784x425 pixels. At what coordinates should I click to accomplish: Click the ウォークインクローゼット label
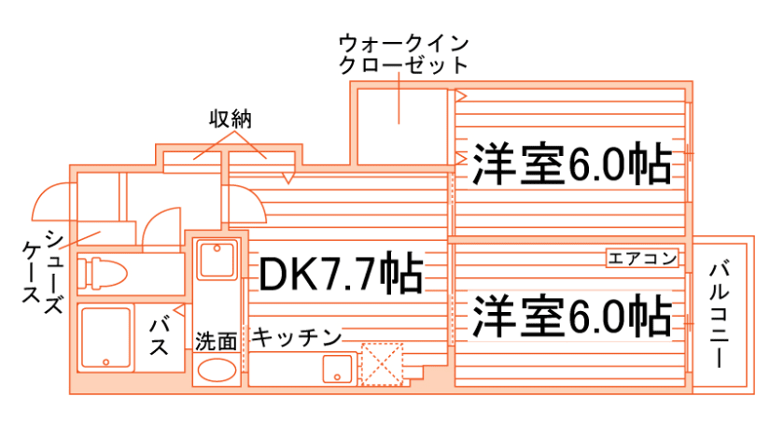[402, 54]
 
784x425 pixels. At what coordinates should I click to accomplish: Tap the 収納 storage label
[231, 120]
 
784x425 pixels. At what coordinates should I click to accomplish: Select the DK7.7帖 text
[341, 274]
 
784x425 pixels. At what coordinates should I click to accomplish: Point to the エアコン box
[642, 258]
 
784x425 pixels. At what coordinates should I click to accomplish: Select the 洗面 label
[216, 341]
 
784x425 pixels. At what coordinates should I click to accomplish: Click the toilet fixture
[104, 274]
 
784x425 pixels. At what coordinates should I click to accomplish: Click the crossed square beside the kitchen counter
[381, 363]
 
